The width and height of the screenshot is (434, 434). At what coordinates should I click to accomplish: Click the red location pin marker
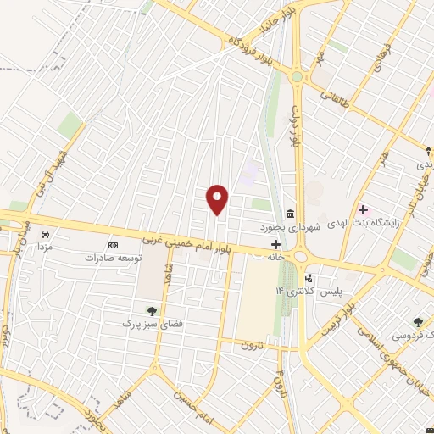point(218,198)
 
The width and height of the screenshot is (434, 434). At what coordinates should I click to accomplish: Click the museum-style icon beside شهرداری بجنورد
point(291,213)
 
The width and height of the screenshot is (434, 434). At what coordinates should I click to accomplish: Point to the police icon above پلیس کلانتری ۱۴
point(309,277)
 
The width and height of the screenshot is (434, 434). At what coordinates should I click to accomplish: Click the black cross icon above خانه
point(275,244)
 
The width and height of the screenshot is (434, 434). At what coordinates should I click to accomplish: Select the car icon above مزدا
point(46,234)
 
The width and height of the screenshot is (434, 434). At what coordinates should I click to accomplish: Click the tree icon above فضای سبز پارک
point(152,310)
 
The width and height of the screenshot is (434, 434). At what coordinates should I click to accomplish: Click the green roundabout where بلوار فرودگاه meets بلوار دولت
point(296,77)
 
